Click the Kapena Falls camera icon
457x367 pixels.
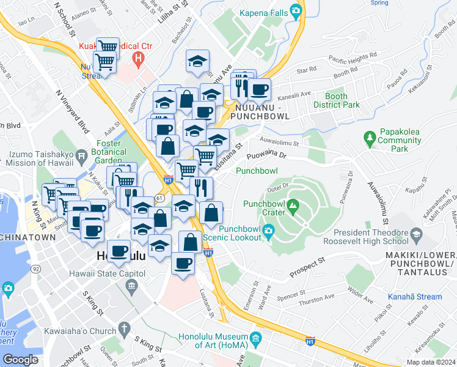(296, 10)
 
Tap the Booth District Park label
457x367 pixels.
(336, 100)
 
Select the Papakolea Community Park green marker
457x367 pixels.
(368, 136)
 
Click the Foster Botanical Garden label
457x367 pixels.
(109, 152)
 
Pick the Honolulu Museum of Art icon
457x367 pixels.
(255, 337)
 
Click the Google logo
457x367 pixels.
(20, 360)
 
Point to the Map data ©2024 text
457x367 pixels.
(431, 362)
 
